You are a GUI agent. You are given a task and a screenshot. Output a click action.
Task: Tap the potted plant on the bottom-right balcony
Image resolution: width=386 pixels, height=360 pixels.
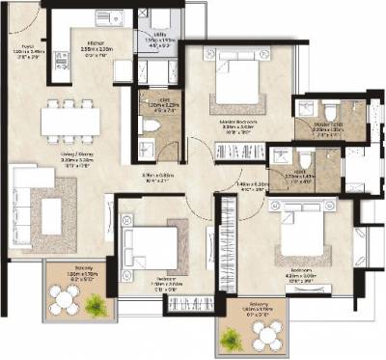(233, 339)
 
